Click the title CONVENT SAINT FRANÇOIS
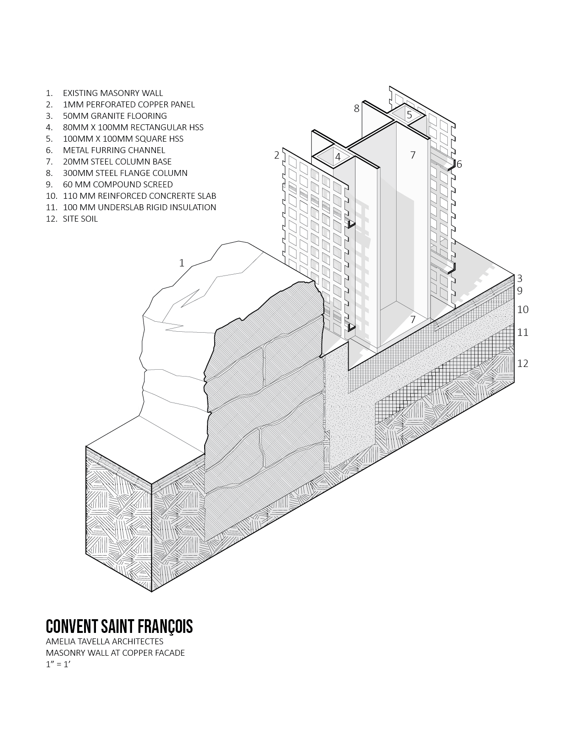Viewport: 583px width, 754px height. [x=119, y=627]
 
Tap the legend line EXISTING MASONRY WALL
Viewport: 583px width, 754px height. [x=113, y=93]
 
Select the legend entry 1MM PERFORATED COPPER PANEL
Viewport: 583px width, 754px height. [x=129, y=105]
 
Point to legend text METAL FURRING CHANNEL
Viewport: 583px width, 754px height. [x=114, y=150]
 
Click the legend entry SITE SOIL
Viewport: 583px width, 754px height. [x=80, y=218]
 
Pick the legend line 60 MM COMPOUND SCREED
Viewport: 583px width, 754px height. [x=117, y=184]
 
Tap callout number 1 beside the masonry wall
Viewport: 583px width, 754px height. [x=181, y=263]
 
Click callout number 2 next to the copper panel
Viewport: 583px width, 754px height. [x=276, y=155]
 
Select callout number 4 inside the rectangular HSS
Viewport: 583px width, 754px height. [x=338, y=157]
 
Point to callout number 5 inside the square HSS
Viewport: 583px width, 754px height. [x=409, y=115]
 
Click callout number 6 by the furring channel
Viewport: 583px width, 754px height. [x=459, y=164]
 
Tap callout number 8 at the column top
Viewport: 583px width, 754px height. [x=356, y=109]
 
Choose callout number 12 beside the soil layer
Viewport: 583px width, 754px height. [x=523, y=363]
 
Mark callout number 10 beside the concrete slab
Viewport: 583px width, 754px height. [x=523, y=309]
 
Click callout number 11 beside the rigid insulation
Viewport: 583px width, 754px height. [x=523, y=332]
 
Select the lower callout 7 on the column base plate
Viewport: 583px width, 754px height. [x=413, y=319]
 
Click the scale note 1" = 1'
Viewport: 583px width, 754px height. [x=58, y=664]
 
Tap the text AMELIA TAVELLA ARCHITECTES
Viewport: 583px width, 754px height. [x=104, y=641]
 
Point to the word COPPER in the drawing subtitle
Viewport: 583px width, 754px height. [x=138, y=653]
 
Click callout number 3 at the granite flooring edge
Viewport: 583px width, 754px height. [x=519, y=278]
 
